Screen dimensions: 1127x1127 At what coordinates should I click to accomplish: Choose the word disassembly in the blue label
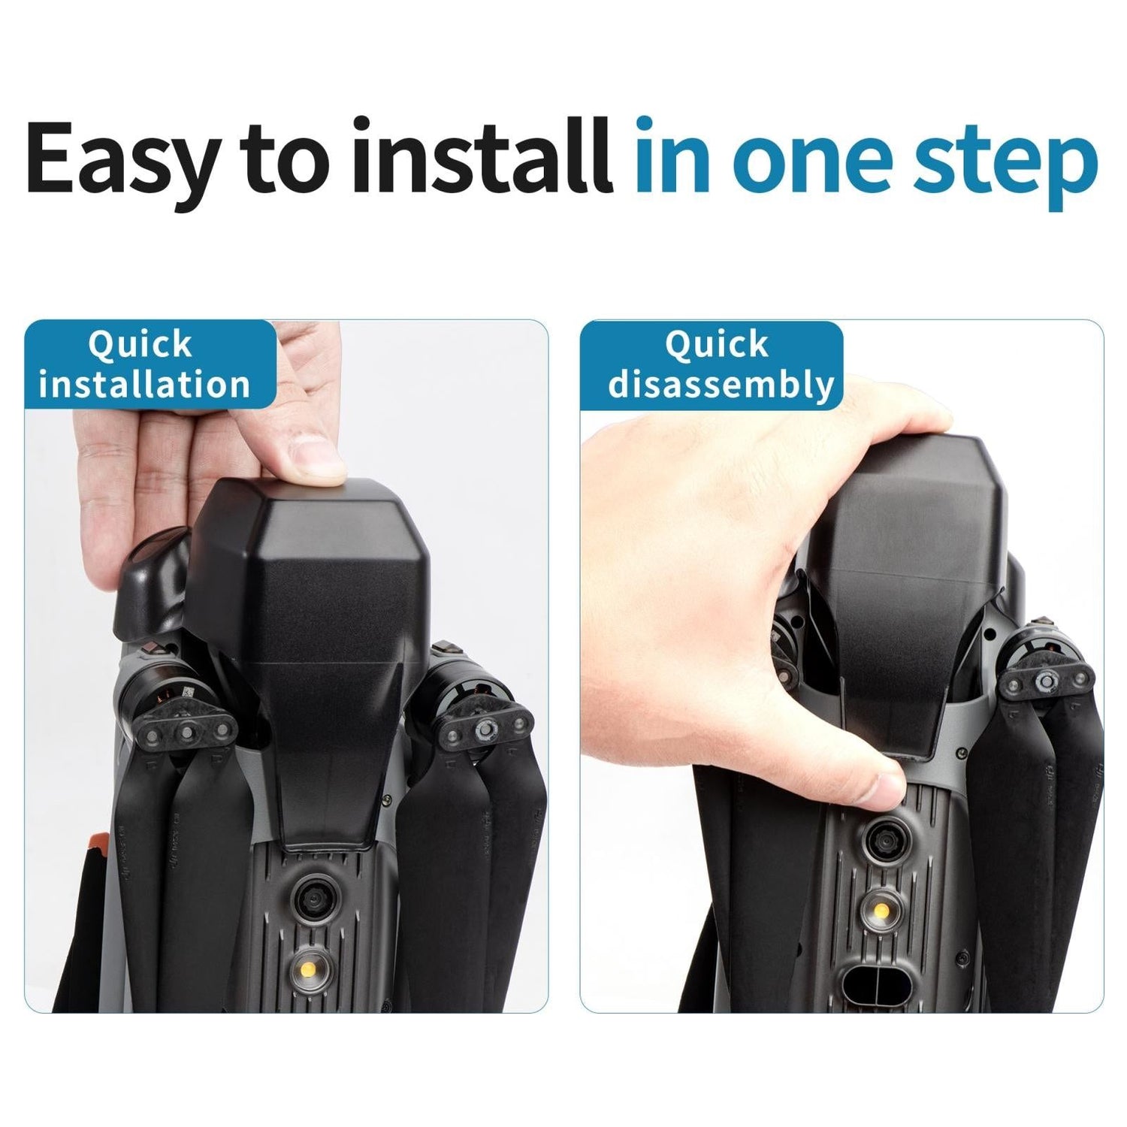click(721, 385)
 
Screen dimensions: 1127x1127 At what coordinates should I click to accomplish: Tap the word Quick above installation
click(140, 345)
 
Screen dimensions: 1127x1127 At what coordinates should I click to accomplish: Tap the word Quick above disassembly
click(718, 345)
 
